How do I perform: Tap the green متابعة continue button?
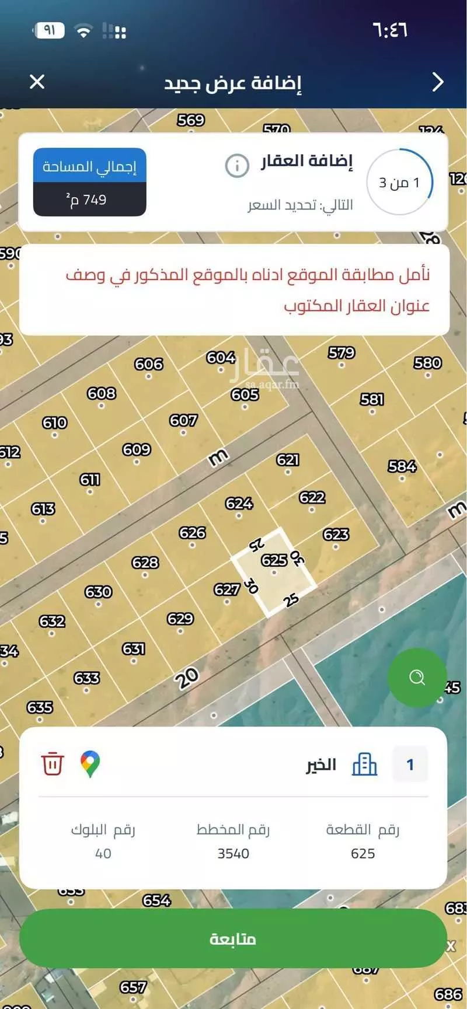pyautogui.click(x=233, y=938)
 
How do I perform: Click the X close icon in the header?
pyautogui.click(x=37, y=82)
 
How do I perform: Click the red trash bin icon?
pyautogui.click(x=52, y=764)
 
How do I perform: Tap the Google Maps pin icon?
pyautogui.click(x=90, y=764)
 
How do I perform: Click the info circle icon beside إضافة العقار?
pyautogui.click(x=237, y=166)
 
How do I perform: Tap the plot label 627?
pyautogui.click(x=226, y=589)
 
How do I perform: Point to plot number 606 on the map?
pyautogui.click(x=148, y=364)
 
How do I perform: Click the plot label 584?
pyautogui.click(x=402, y=466)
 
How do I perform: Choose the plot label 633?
pyautogui.click(x=86, y=678)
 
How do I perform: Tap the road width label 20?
pyautogui.click(x=187, y=678)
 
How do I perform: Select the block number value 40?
pyautogui.click(x=103, y=853)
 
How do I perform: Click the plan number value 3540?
pyautogui.click(x=233, y=853)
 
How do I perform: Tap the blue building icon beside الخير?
pyautogui.click(x=364, y=764)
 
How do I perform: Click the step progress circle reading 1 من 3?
pyautogui.click(x=400, y=183)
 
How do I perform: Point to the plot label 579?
pyautogui.click(x=341, y=353)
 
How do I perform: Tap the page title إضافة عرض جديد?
pyautogui.click(x=232, y=83)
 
